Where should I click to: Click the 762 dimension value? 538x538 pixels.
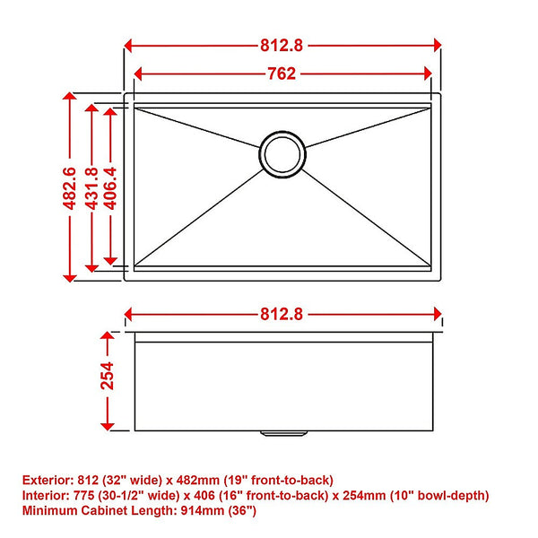[282, 74]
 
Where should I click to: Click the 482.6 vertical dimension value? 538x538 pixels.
[69, 187]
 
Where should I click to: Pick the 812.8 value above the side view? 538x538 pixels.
[282, 314]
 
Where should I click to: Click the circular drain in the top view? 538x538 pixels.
[282, 155]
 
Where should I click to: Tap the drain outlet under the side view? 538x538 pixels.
[282, 433]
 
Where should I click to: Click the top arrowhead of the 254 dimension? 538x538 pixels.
[108, 338]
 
